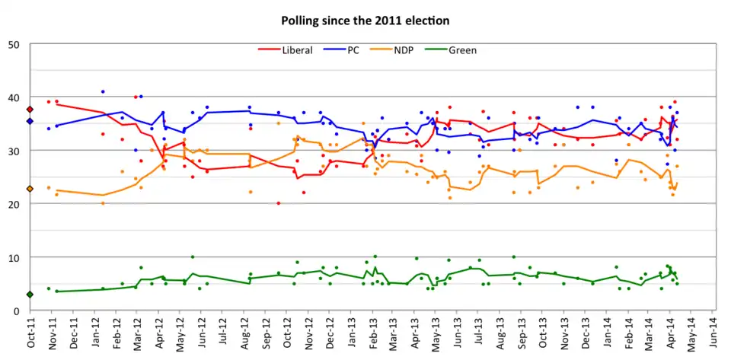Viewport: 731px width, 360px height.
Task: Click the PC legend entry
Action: click(x=353, y=50)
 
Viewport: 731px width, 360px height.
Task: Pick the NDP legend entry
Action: click(x=404, y=50)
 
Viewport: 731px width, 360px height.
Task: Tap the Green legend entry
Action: click(x=462, y=50)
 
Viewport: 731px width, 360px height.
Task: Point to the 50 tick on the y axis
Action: click(x=13, y=44)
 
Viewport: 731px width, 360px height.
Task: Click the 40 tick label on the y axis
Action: click(x=13, y=97)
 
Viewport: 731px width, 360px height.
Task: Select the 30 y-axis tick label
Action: click(x=13, y=151)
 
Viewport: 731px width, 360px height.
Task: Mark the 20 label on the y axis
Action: click(x=13, y=204)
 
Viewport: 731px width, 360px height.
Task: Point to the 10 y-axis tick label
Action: click(x=13, y=257)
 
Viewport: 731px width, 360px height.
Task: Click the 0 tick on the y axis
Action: click(x=16, y=311)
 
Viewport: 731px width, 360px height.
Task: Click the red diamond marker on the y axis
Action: click(x=30, y=110)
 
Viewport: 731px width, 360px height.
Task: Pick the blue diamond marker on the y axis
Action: click(x=30, y=121)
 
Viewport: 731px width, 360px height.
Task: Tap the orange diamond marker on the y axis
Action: click(x=30, y=189)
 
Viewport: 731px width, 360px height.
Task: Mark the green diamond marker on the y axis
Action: click(x=30, y=295)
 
